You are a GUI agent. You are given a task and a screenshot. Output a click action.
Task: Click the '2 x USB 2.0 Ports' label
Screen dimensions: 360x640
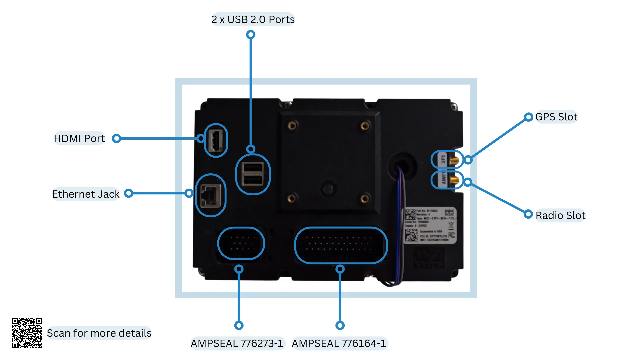tap(253, 20)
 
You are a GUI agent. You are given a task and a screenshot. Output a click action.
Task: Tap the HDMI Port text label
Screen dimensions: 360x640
tap(79, 138)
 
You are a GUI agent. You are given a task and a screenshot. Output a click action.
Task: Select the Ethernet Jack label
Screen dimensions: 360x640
tap(86, 194)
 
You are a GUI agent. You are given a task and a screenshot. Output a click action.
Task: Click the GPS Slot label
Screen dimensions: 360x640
tap(556, 117)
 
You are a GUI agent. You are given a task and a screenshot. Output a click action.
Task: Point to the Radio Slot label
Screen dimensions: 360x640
tap(560, 216)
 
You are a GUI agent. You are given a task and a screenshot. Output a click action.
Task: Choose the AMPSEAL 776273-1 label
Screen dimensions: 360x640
tap(237, 343)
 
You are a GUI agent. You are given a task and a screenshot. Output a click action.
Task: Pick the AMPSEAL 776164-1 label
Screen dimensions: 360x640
tap(339, 343)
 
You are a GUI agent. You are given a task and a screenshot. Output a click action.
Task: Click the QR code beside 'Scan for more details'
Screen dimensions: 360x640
tap(27, 333)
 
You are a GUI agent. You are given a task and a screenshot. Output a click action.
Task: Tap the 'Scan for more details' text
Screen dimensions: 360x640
tap(99, 333)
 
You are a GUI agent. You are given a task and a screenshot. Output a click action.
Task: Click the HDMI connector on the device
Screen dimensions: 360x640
tap(216, 140)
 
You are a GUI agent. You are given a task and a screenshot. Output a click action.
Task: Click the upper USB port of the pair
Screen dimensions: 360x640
tap(253, 168)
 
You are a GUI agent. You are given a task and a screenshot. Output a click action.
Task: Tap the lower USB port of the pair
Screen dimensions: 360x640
tap(253, 180)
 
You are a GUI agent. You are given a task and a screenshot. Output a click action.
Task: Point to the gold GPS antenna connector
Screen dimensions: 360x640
tap(453, 161)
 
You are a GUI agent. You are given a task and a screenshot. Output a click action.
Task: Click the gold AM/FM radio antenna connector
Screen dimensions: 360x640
tap(453, 181)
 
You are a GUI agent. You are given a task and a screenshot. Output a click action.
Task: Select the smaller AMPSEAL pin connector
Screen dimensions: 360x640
tap(241, 244)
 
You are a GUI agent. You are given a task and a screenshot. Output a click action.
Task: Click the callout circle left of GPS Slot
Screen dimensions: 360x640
tap(528, 117)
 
